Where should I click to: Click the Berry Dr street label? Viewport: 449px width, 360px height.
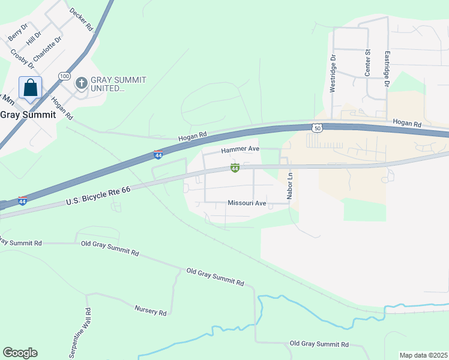pyautogui.click(x=18, y=32)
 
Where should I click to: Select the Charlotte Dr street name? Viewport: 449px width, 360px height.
pyautogui.click(x=48, y=49)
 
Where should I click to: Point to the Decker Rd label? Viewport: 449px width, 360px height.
pyautogui.click(x=82, y=19)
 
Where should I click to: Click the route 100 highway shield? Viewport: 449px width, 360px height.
pyautogui.click(x=65, y=76)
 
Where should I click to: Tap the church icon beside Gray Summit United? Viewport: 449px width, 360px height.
pyautogui.click(x=81, y=83)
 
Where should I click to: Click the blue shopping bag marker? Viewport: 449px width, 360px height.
pyautogui.click(x=30, y=89)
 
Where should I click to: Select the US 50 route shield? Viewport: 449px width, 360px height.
pyautogui.click(x=318, y=127)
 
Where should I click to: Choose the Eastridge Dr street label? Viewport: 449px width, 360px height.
pyautogui.click(x=387, y=67)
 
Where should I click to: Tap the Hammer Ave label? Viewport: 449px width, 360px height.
pyautogui.click(x=240, y=149)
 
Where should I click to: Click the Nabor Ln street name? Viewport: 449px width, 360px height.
pyautogui.click(x=289, y=186)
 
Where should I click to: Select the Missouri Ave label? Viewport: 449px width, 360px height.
pyautogui.click(x=247, y=203)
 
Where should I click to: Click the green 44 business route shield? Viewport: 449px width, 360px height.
pyautogui.click(x=235, y=169)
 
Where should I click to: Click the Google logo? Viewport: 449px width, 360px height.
pyautogui.click(x=20, y=353)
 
